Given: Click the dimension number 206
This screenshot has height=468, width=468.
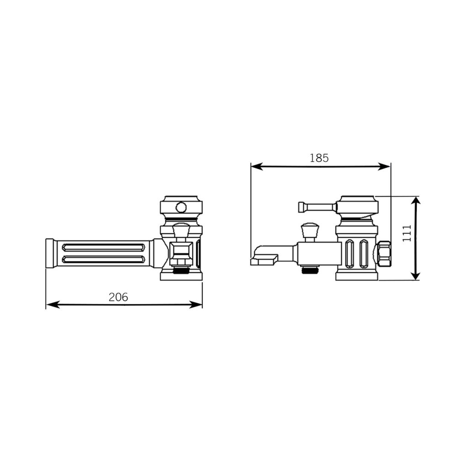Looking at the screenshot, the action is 118,297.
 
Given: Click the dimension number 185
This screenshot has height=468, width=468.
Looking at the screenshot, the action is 319,158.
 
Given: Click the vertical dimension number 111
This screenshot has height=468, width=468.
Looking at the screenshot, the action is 407,233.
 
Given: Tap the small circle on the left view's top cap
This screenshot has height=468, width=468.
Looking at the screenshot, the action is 181,207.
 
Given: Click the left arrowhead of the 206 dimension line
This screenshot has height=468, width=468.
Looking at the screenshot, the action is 53,304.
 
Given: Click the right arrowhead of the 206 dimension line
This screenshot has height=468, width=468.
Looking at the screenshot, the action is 196,304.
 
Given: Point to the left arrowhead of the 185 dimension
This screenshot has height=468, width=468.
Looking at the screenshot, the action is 257,166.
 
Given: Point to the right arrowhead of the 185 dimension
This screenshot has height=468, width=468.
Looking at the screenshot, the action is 384,166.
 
